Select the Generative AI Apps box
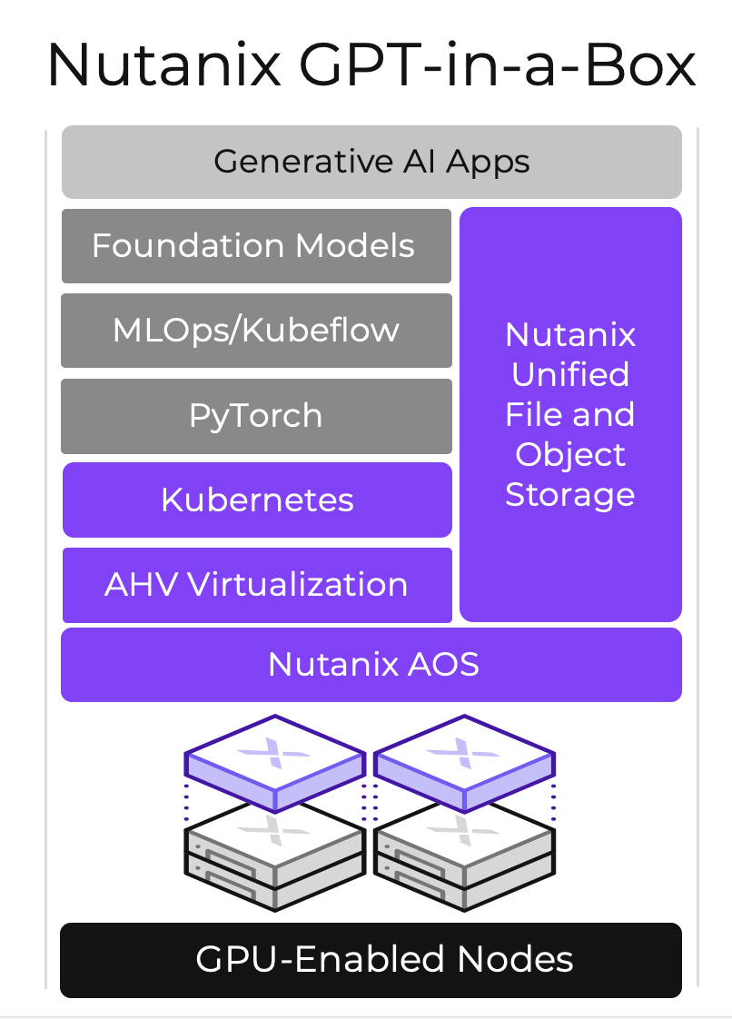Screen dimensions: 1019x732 click(371, 162)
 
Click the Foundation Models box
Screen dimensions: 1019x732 click(255, 246)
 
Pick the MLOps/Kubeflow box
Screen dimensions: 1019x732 click(255, 330)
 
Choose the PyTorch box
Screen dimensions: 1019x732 click(255, 416)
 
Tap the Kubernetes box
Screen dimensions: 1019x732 click(257, 500)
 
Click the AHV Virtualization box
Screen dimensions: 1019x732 click(257, 584)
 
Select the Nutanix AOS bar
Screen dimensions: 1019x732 click(371, 665)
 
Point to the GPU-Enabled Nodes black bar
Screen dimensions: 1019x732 click(371, 960)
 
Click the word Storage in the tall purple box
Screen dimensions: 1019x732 click(570, 495)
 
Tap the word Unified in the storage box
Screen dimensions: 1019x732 click(570, 374)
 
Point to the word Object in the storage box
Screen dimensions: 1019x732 click(570, 454)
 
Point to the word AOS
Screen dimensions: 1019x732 click(445, 665)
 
